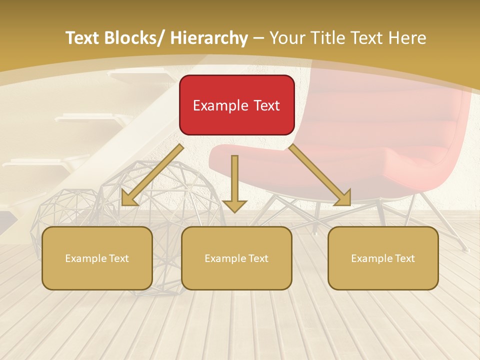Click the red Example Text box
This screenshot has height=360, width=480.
click(236, 105)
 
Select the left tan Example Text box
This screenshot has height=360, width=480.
click(97, 258)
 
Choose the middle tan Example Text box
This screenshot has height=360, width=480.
click(236, 258)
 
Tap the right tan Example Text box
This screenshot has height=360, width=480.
click(383, 258)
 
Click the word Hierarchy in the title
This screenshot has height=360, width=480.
click(209, 38)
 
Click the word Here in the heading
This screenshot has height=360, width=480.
click(408, 38)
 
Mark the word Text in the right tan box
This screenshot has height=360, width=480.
click(404, 258)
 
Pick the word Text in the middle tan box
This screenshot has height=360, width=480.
click(258, 258)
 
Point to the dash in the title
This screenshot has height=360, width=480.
click(258, 38)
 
